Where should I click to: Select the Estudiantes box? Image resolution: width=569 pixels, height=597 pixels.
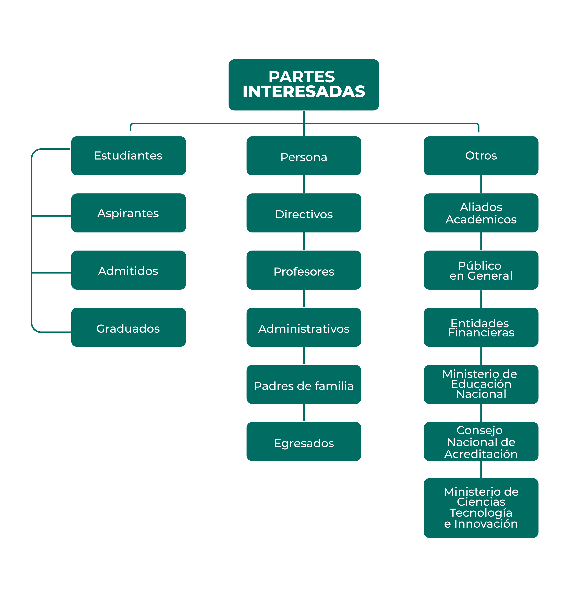click(x=128, y=156)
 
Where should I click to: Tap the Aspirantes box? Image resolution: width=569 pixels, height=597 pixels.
click(x=128, y=213)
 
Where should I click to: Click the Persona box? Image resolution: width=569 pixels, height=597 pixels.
click(x=304, y=156)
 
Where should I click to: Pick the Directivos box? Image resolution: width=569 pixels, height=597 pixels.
click(x=304, y=213)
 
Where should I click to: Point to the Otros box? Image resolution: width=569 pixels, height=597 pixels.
click(x=481, y=156)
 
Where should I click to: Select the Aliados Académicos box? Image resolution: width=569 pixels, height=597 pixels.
click(x=481, y=213)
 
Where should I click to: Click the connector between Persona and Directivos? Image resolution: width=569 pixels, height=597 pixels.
click(x=304, y=184)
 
